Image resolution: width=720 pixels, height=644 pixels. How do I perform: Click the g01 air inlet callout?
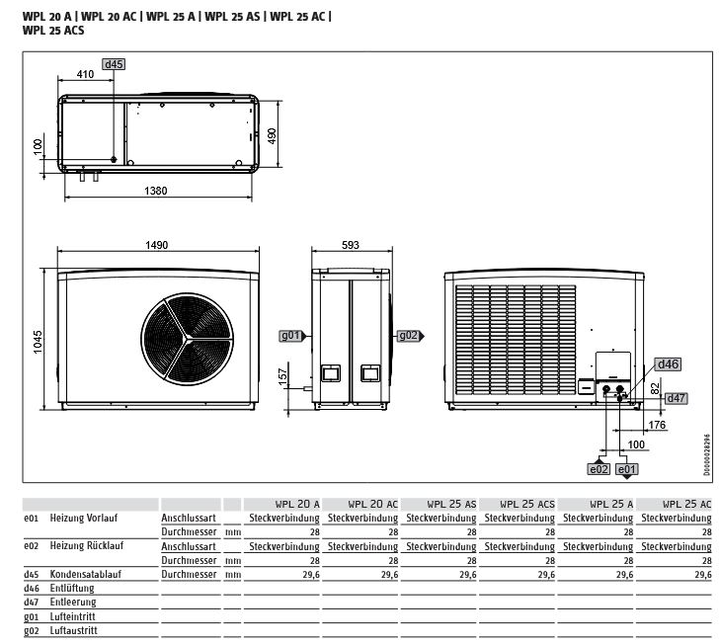(290, 336)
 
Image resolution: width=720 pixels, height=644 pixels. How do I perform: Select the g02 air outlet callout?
(408, 336)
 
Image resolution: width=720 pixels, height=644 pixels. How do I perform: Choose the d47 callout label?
(676, 398)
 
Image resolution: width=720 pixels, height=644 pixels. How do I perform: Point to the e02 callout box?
(600, 469)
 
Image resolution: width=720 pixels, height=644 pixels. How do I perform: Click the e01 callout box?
(627, 469)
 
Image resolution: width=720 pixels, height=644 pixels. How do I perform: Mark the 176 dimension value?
(655, 427)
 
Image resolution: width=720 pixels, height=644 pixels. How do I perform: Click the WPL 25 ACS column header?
(519, 503)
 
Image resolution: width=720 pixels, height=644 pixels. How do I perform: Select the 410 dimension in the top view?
(86, 75)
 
